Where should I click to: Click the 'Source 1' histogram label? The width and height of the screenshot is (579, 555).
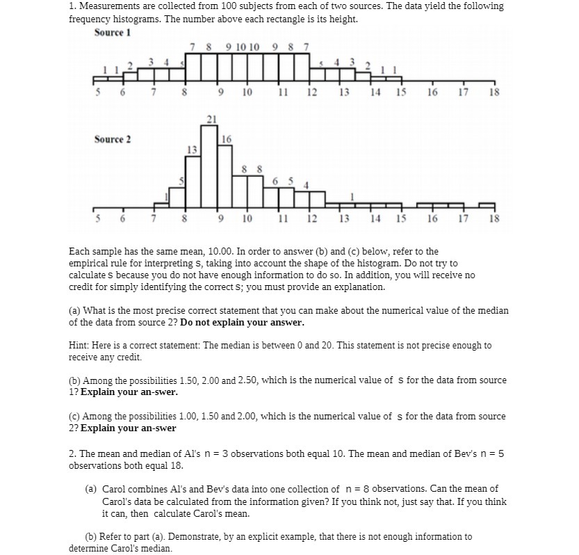tap(113, 33)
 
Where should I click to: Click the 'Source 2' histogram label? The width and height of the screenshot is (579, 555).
tap(113, 139)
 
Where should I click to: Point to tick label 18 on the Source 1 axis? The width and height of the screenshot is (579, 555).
tap(494, 92)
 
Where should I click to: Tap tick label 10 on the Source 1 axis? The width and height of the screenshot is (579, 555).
tap(247, 92)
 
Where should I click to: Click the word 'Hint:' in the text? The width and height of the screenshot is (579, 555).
tap(80, 346)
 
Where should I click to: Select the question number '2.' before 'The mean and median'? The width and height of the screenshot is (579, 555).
tap(72, 453)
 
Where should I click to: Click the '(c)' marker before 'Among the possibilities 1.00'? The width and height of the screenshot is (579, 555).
tap(74, 417)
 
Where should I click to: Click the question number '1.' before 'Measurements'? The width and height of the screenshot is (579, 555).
tap(72, 6)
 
